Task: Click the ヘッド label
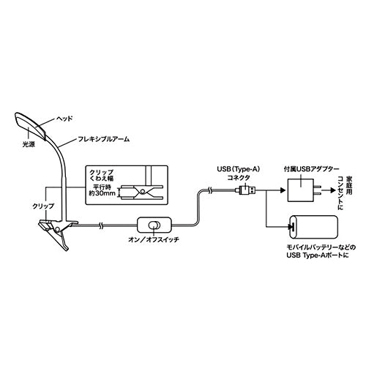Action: (64, 119)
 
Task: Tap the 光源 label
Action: (29, 144)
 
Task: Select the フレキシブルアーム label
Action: (103, 139)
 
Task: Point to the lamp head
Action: (30, 126)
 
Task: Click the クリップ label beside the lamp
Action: (43, 206)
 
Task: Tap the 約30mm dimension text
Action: (102, 194)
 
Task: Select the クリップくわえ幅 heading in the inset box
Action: (102, 175)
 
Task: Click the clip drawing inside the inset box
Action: (141, 193)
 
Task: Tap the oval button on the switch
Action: (154, 225)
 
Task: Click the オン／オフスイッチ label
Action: (154, 239)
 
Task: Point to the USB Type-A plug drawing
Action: (246, 190)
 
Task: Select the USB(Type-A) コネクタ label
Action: (239, 173)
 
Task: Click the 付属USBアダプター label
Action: (311, 169)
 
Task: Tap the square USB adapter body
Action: (300, 190)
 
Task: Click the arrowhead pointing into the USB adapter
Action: (283, 190)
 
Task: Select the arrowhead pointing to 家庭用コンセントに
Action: (333, 190)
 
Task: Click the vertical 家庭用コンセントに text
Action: (345, 193)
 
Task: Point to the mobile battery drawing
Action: (313, 227)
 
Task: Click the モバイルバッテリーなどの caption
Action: (321, 247)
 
